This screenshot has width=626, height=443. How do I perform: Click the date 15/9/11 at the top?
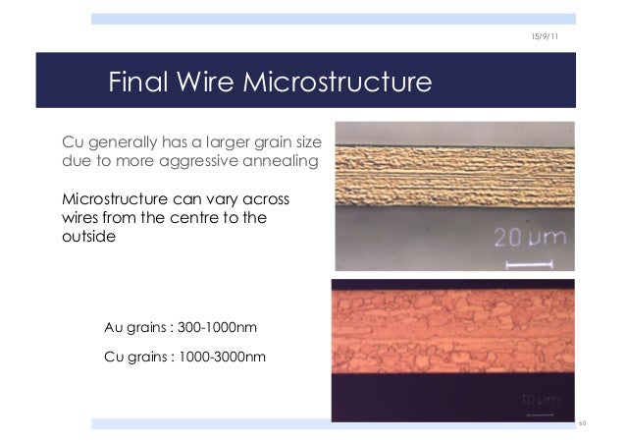[545, 36]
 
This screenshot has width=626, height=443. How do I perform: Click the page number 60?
[582, 423]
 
